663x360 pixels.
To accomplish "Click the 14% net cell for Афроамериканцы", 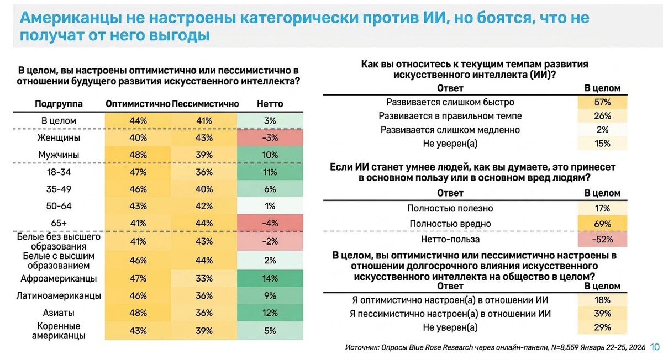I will point(270,278).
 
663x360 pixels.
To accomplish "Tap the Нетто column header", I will point(270,103).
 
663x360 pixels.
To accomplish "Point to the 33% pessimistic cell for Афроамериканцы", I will point(204,278).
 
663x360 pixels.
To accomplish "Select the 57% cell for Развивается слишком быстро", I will point(603,102).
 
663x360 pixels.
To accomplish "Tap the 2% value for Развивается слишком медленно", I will point(603,130).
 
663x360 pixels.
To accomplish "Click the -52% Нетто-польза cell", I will point(603,240).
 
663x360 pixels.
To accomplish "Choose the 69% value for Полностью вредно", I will point(603,224).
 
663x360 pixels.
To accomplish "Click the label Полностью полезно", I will point(450,208).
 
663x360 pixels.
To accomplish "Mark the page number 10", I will point(655,347).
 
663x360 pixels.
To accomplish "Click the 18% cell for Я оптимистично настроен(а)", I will point(603,300).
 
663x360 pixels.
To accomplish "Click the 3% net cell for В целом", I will point(270,120).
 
